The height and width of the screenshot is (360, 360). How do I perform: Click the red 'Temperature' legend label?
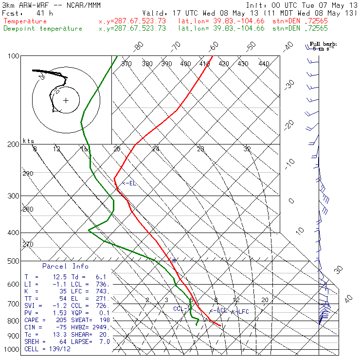pyautogui.click(x=25, y=21)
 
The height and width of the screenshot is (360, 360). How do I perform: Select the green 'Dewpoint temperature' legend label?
pyautogui.click(x=43, y=29)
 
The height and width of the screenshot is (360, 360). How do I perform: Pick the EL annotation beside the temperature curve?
pyautogui.click(x=129, y=183)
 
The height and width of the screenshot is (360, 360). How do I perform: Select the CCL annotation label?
pyautogui.click(x=180, y=308)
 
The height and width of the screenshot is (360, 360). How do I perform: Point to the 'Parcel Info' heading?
pyautogui.click(x=65, y=267)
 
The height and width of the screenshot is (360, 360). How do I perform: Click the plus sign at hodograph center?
pyautogui.click(x=66, y=101)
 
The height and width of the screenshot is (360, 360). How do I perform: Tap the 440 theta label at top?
pyautogui.click(x=264, y=64)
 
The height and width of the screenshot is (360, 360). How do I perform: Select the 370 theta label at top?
pyautogui.click(x=126, y=64)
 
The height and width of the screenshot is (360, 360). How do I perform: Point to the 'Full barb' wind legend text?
pyautogui.click(x=324, y=44)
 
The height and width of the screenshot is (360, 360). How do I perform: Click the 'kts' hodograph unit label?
pyautogui.click(x=29, y=141)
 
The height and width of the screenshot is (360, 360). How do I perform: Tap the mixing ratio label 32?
pyautogui.click(x=247, y=149)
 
